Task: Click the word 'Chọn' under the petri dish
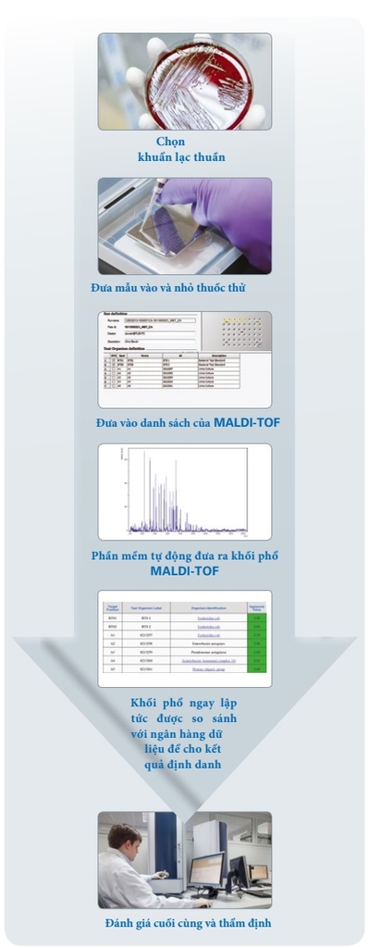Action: click(x=170, y=142)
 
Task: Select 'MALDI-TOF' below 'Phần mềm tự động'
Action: click(x=184, y=571)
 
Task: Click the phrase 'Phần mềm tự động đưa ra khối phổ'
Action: click(x=184, y=556)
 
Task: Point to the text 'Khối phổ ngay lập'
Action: click(x=183, y=704)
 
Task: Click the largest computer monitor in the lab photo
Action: click(x=209, y=867)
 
